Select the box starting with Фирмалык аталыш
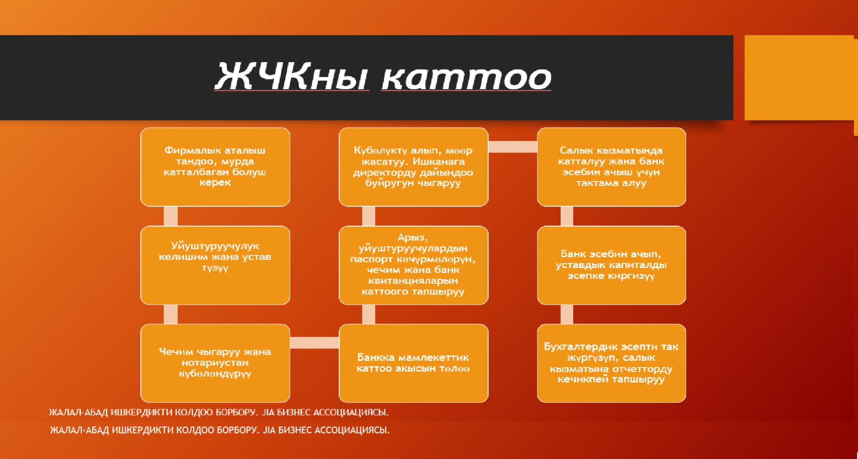(215, 167)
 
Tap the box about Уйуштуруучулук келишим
(215, 265)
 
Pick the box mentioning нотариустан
(215, 363)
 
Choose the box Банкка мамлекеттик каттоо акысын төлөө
(413, 363)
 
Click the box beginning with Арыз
(413, 265)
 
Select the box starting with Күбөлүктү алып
(413, 167)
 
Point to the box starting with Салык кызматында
(611, 167)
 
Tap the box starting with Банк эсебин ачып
(611, 265)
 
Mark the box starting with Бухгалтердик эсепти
(611, 363)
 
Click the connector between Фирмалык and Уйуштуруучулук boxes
(171, 216)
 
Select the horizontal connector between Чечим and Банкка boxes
(314, 343)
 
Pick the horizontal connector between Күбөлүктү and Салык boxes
(513, 147)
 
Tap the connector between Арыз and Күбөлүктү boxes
(369, 216)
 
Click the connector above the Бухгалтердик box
(566, 314)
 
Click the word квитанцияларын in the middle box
(413, 281)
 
